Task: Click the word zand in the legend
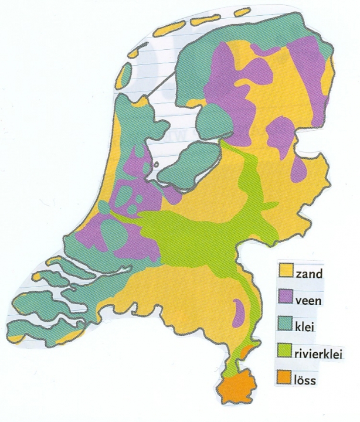point(308,273)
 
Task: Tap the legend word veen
point(310,300)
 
